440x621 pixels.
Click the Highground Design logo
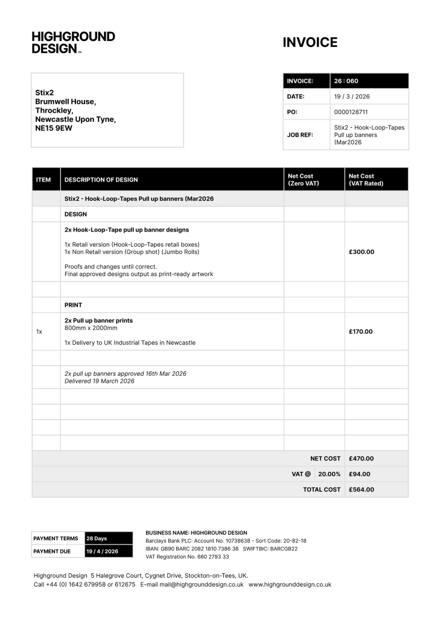click(73, 43)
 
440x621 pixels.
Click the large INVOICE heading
click(310, 43)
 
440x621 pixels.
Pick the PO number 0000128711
click(351, 112)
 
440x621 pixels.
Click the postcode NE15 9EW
click(54, 128)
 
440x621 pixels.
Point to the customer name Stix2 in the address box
click(45, 93)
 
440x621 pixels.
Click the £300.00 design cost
click(362, 252)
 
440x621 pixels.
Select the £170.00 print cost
click(361, 332)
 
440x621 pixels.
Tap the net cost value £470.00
click(362, 459)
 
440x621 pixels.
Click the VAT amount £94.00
click(360, 474)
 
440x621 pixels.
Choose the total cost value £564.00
click(362, 490)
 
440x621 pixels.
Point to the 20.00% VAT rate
click(330, 474)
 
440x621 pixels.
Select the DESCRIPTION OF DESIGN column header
click(101, 180)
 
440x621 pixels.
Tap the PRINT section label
click(73, 305)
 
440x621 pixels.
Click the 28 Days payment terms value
click(97, 538)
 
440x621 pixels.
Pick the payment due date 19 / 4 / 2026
click(102, 551)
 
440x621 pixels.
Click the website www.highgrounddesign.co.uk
click(290, 584)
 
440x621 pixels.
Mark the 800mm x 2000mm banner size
click(91, 329)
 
